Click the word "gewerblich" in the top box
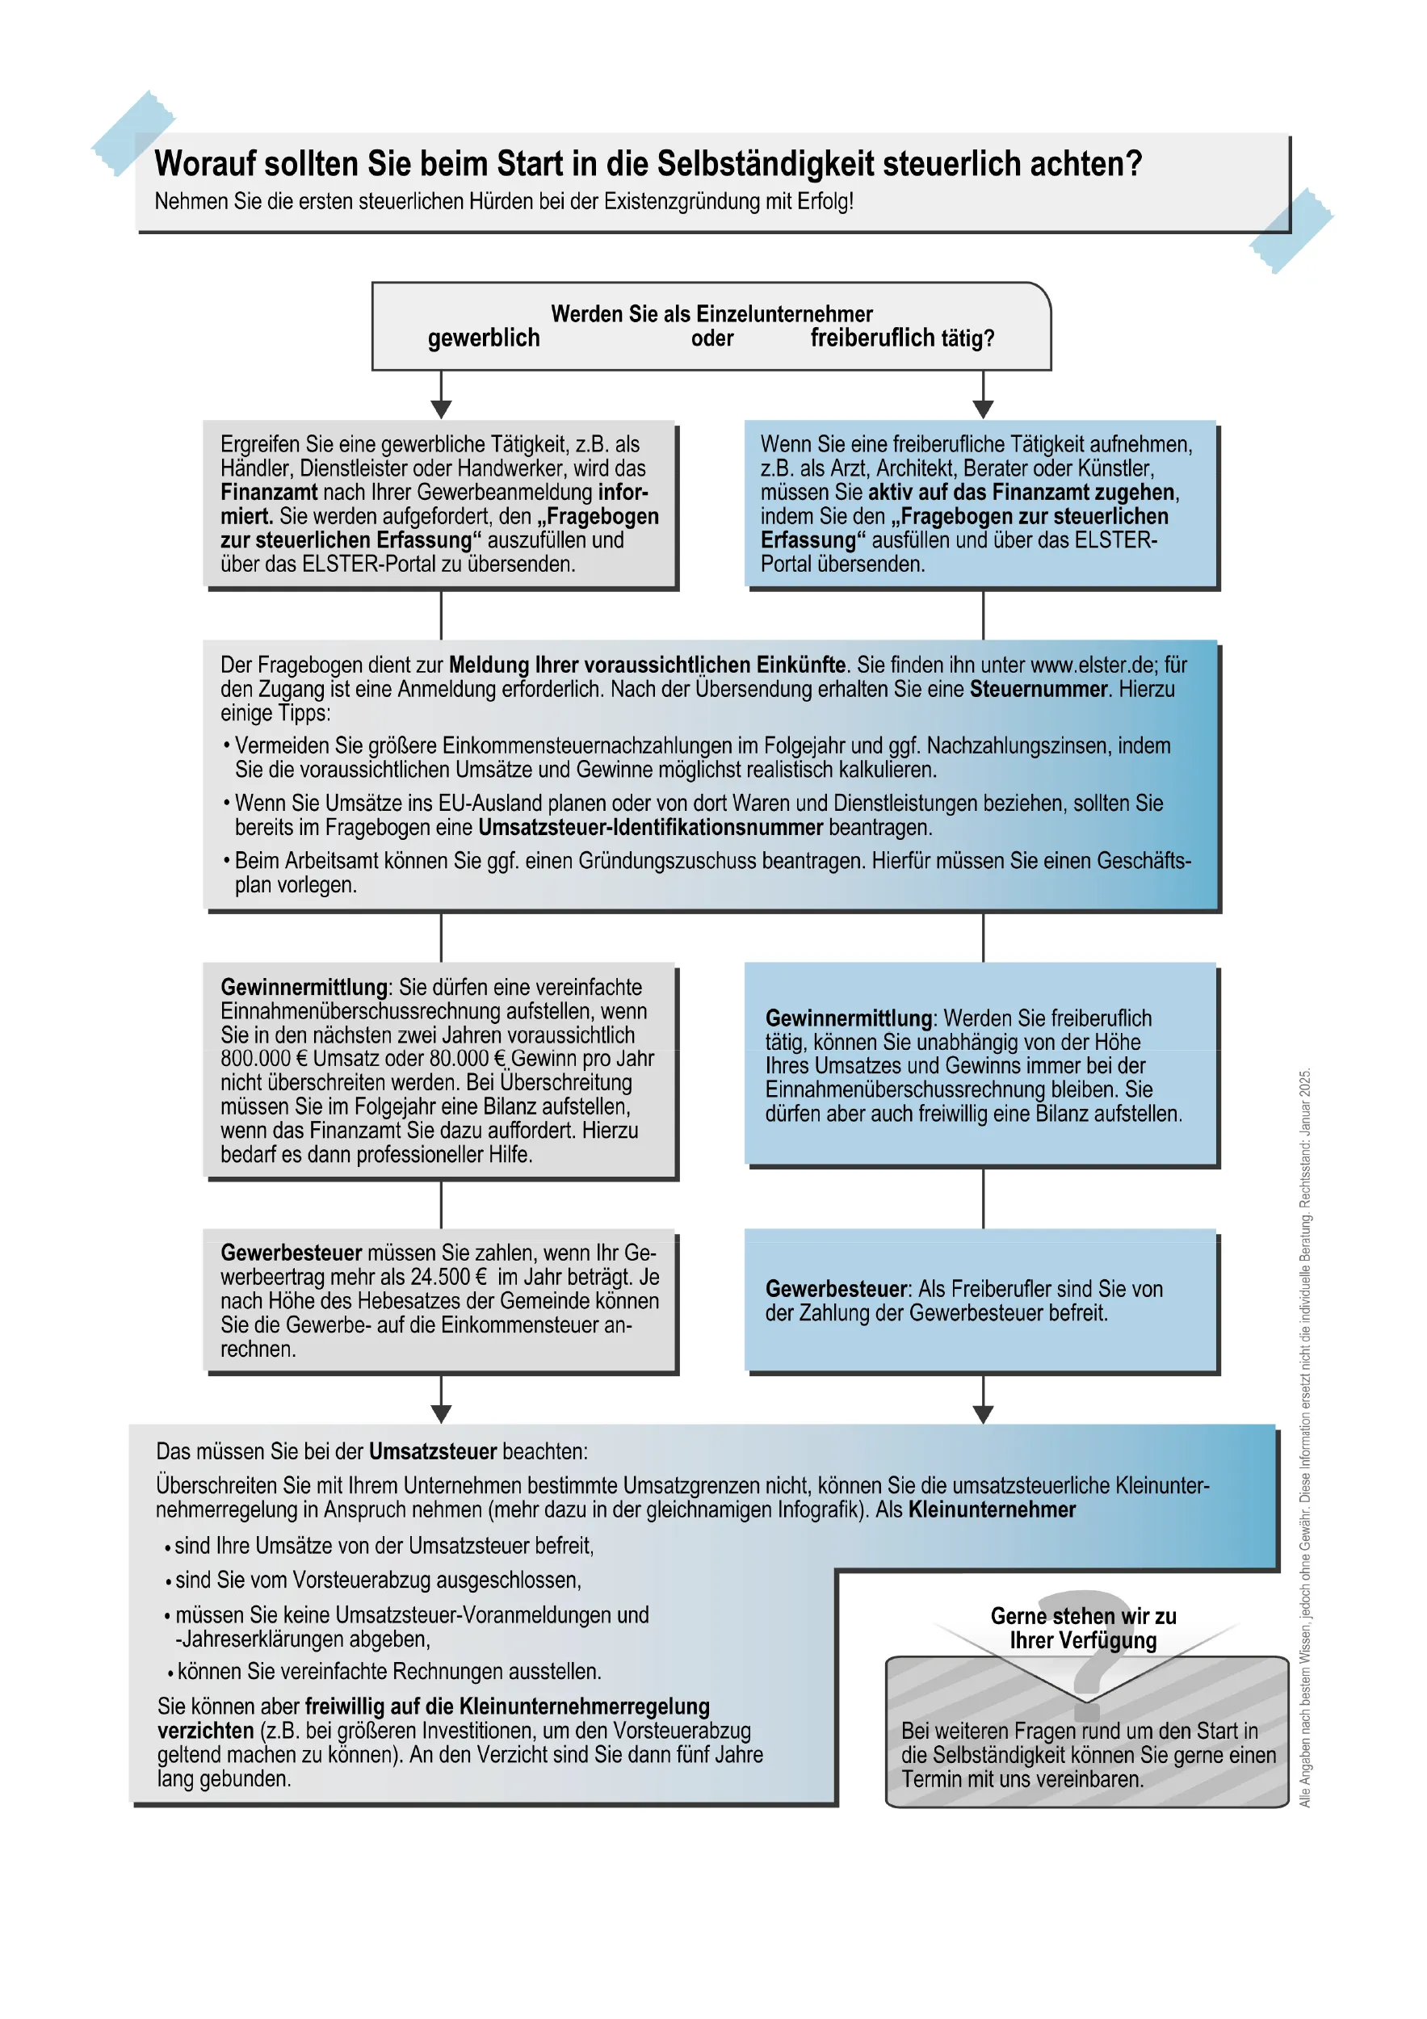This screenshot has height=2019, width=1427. pos(484,338)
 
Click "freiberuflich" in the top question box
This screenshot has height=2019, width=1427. pos(871,338)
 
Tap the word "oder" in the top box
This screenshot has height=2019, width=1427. pos(711,338)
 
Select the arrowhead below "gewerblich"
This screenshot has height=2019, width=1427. pos(442,409)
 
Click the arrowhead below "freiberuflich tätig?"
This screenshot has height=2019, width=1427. pos(983,409)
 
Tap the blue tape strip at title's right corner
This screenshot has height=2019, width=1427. pos(1291,230)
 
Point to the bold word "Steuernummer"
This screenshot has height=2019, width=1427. pos(1038,690)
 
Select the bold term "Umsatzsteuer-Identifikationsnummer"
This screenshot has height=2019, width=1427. pos(651,828)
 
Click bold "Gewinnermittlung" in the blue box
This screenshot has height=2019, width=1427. pos(848,1018)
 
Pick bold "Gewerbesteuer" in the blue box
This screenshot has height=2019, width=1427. pos(835,1289)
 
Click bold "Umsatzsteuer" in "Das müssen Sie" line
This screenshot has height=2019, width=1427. pos(433,1452)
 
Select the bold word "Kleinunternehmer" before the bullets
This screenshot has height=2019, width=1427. pos(991,1510)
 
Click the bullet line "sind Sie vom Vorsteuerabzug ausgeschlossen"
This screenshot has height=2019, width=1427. pos(378,1580)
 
